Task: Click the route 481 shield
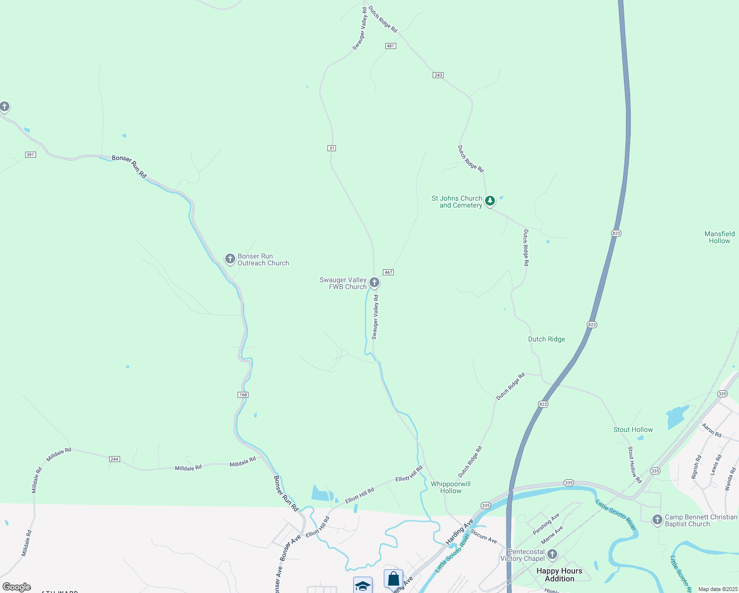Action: point(390,46)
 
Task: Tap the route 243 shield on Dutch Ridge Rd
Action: point(438,75)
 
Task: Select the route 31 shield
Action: point(331,148)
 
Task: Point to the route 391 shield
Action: point(30,155)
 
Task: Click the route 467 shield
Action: point(388,272)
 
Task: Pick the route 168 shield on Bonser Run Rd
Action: point(243,395)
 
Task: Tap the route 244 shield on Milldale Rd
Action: point(114,459)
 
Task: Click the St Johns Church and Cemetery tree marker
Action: point(490,201)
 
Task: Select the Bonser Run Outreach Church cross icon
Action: point(230,258)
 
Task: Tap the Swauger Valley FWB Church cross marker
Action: point(374,282)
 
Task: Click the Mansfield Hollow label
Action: point(719,237)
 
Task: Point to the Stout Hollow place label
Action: point(633,429)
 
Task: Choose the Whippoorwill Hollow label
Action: point(451,487)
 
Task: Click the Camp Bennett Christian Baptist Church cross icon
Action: point(657,519)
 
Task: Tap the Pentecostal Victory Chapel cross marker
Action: point(552,554)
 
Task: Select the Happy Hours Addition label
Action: point(559,575)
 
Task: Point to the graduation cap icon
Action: point(363,586)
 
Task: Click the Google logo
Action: point(17,587)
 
